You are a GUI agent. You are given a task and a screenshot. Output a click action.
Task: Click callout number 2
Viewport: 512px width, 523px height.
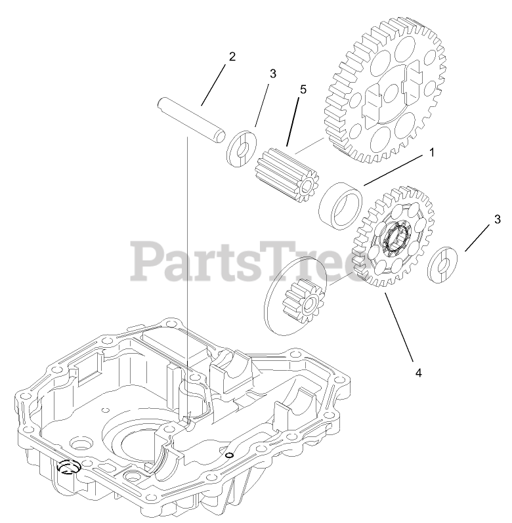click(x=231, y=56)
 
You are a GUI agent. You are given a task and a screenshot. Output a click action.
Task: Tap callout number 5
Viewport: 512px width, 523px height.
click(x=303, y=90)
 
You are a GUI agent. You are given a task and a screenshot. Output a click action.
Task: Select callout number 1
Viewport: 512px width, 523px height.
click(x=431, y=152)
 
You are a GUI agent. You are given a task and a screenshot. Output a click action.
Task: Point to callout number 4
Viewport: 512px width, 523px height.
click(x=418, y=372)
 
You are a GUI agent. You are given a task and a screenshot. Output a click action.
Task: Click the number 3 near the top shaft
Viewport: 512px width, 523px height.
click(x=273, y=74)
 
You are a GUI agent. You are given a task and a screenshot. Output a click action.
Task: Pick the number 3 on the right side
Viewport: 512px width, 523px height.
click(x=498, y=219)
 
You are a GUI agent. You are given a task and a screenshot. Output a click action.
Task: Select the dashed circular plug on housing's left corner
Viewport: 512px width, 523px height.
click(x=67, y=467)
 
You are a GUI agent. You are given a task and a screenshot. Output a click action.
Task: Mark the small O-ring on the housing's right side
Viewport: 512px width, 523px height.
click(x=228, y=455)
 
